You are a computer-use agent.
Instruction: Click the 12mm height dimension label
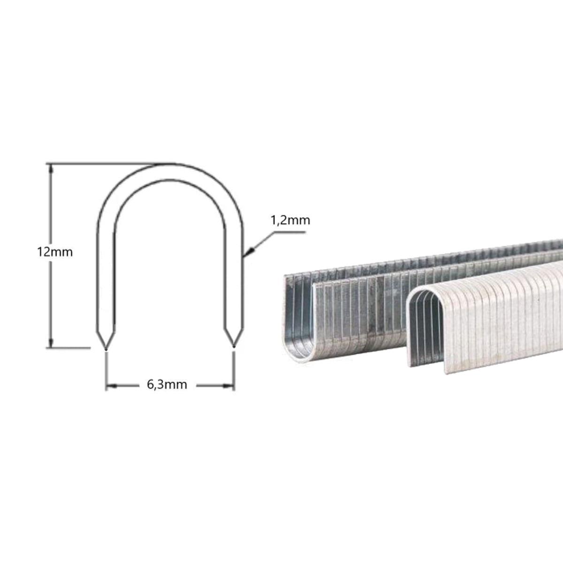(x=54, y=252)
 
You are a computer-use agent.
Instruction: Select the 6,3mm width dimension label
(x=167, y=385)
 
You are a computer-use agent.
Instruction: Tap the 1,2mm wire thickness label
(x=290, y=221)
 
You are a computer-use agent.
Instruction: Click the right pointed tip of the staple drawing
(x=234, y=347)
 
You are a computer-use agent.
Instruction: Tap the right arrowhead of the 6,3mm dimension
(x=228, y=386)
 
